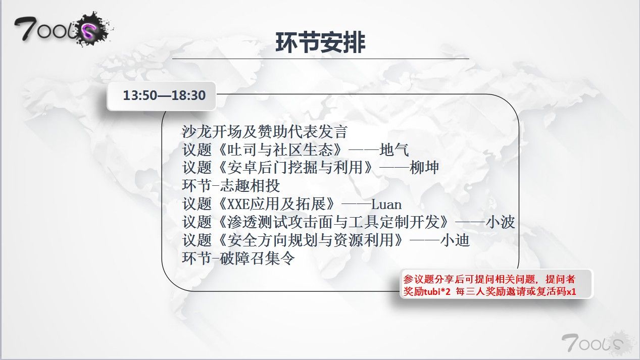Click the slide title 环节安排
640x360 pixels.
(320, 42)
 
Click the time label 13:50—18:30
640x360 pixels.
(164, 95)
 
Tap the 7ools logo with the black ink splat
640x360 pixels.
(64, 29)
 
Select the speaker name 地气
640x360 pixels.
(395, 150)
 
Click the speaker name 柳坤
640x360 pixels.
(424, 168)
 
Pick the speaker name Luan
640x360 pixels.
(386, 204)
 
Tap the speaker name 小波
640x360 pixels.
(500, 222)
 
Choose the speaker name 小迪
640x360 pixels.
(455, 240)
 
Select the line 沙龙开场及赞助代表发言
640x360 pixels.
(265, 132)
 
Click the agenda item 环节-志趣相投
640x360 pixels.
(231, 186)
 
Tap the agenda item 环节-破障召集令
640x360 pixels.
(238, 259)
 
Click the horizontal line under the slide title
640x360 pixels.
(321, 59)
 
